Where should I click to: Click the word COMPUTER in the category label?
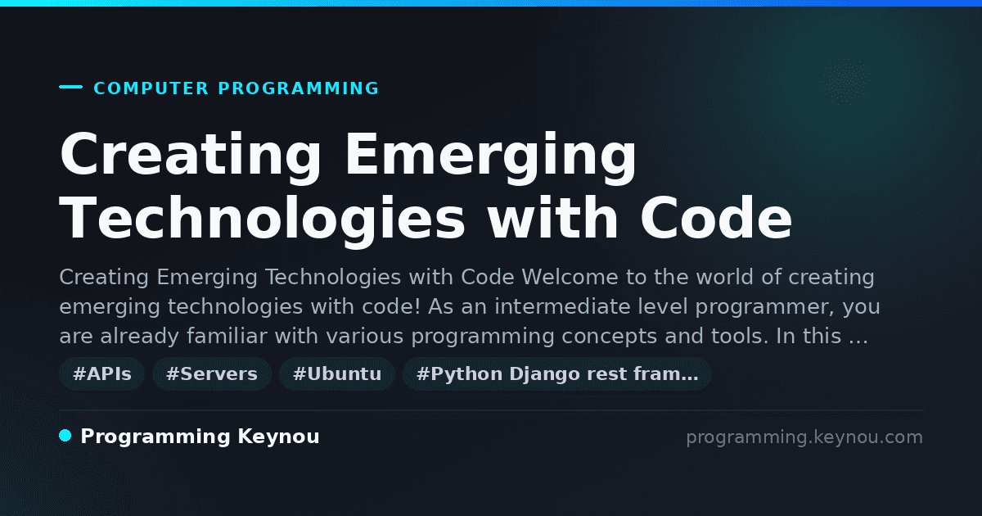[151, 88]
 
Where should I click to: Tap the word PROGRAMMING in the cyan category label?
[298, 88]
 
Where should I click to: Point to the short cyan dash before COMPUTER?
[70, 87]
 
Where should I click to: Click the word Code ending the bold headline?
[716, 217]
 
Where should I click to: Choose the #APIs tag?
[101, 374]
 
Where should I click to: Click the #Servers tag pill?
[212, 374]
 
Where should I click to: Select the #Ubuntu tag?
[337, 374]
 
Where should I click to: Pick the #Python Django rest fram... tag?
[556, 374]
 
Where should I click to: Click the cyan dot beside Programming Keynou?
[65, 436]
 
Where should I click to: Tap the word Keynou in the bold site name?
[278, 437]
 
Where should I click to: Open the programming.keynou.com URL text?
[804, 438]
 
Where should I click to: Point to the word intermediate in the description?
[562, 306]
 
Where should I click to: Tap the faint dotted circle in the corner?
[845, 82]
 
